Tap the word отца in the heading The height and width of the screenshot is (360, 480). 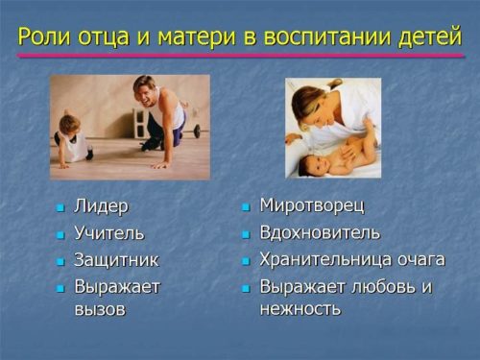pos(104,38)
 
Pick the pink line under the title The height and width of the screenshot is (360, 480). pos(240,56)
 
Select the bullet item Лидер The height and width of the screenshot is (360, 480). pos(101,206)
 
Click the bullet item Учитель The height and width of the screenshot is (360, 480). pos(109,232)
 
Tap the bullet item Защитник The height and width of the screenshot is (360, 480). pos(116,260)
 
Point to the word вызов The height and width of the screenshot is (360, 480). pos(100,309)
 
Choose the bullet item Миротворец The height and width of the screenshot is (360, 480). pos(312,205)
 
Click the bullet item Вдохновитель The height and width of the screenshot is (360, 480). pos(320,232)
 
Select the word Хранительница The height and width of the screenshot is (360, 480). pos(326,259)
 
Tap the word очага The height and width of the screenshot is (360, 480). pos(421,260)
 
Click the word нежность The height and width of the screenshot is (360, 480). pos(300,309)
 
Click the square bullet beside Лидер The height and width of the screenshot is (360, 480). pos(60,208)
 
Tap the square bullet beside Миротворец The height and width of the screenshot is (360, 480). pos(246,207)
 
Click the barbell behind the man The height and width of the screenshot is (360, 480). pos(191,131)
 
